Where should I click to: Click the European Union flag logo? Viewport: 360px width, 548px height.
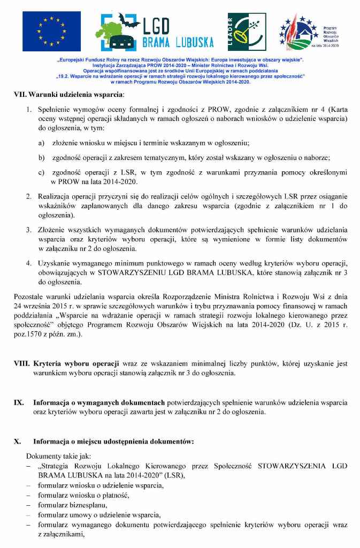(x=51, y=32)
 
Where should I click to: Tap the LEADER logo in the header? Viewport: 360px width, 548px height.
(x=247, y=32)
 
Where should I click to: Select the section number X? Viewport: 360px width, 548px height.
(x=17, y=442)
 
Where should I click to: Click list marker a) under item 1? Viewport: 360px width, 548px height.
(x=41, y=143)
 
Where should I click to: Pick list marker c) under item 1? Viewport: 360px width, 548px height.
(x=41, y=172)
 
